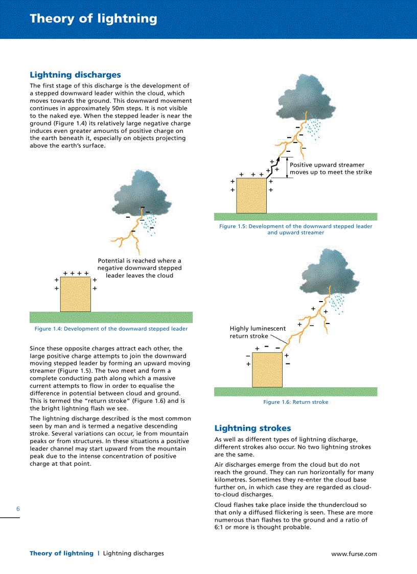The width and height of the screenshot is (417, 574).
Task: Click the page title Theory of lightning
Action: (x=94, y=19)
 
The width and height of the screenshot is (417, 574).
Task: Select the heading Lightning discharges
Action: (x=75, y=75)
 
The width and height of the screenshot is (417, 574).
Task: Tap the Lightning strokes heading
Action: (x=252, y=428)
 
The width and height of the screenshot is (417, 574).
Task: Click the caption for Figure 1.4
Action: (x=111, y=329)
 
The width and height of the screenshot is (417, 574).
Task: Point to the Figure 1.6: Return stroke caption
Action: (x=295, y=402)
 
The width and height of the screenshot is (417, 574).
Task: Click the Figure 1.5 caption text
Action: (x=295, y=229)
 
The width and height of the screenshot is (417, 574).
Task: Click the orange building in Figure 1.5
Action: (x=251, y=195)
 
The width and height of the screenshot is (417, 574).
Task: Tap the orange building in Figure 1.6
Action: (x=267, y=370)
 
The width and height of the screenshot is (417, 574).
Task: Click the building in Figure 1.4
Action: (x=76, y=294)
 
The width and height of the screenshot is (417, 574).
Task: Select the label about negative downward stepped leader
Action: (x=140, y=268)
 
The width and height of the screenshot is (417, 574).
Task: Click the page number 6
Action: (x=18, y=509)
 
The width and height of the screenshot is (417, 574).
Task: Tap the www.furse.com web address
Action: (x=354, y=554)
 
